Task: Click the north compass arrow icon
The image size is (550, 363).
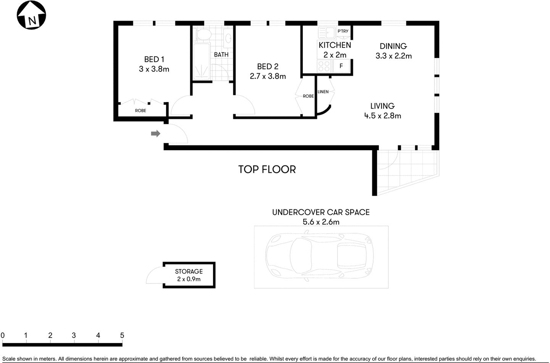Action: pos(31,15)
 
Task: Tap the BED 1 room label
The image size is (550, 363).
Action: pos(154,59)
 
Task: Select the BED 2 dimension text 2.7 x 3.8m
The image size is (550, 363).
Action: pos(268,76)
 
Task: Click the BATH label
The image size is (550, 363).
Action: pos(221,55)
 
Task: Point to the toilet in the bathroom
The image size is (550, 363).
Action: pos(203,34)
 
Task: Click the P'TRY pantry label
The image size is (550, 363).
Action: pos(343,31)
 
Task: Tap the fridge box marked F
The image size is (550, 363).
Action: pos(341,66)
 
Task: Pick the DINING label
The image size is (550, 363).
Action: pos(393,46)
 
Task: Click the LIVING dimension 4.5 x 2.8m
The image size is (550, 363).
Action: pos(382,116)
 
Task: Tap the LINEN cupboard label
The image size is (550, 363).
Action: pos(323,92)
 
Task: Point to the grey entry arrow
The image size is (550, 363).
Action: pos(155,133)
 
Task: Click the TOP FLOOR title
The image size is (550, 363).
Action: pos(267,169)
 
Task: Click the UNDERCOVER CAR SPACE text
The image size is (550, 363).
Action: pos(320,212)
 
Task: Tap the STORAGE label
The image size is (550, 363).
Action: pos(189,271)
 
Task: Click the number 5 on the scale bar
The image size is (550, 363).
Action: pos(122,335)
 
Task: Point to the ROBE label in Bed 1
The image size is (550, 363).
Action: pos(141,110)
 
